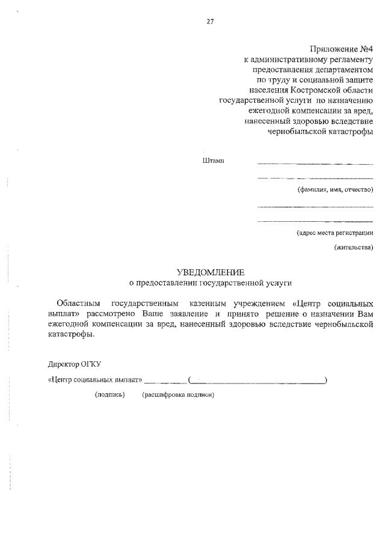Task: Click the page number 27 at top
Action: pyautogui.click(x=209, y=22)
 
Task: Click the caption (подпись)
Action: pyautogui.click(x=109, y=395)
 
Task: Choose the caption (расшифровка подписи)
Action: pyautogui.click(x=179, y=395)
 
